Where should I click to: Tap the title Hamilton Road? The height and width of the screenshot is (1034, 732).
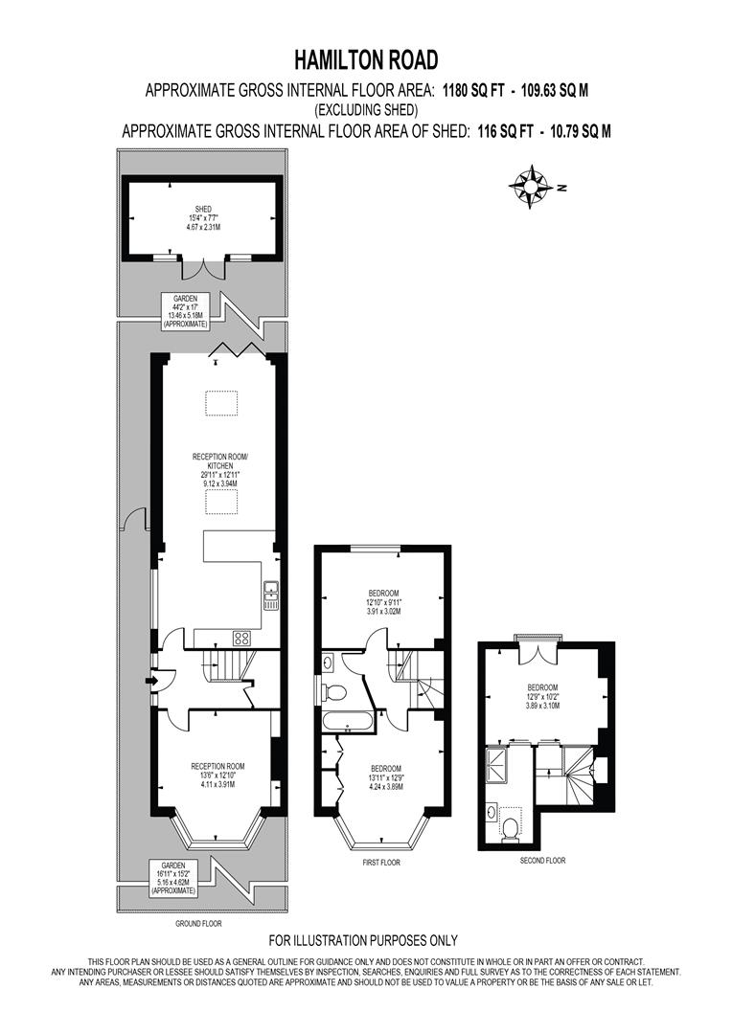click(x=365, y=60)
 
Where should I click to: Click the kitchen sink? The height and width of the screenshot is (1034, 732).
click(x=271, y=594)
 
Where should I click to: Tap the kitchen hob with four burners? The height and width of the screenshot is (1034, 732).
click(x=242, y=638)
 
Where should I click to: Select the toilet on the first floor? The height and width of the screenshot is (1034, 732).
click(x=334, y=691)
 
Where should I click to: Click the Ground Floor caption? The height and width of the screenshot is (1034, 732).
click(x=198, y=924)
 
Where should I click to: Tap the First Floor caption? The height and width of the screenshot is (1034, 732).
click(x=380, y=862)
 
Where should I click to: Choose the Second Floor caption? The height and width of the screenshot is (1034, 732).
click(x=543, y=861)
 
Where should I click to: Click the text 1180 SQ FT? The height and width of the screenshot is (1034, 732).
click(x=473, y=91)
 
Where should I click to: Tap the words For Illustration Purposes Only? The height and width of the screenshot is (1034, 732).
click(x=363, y=940)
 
